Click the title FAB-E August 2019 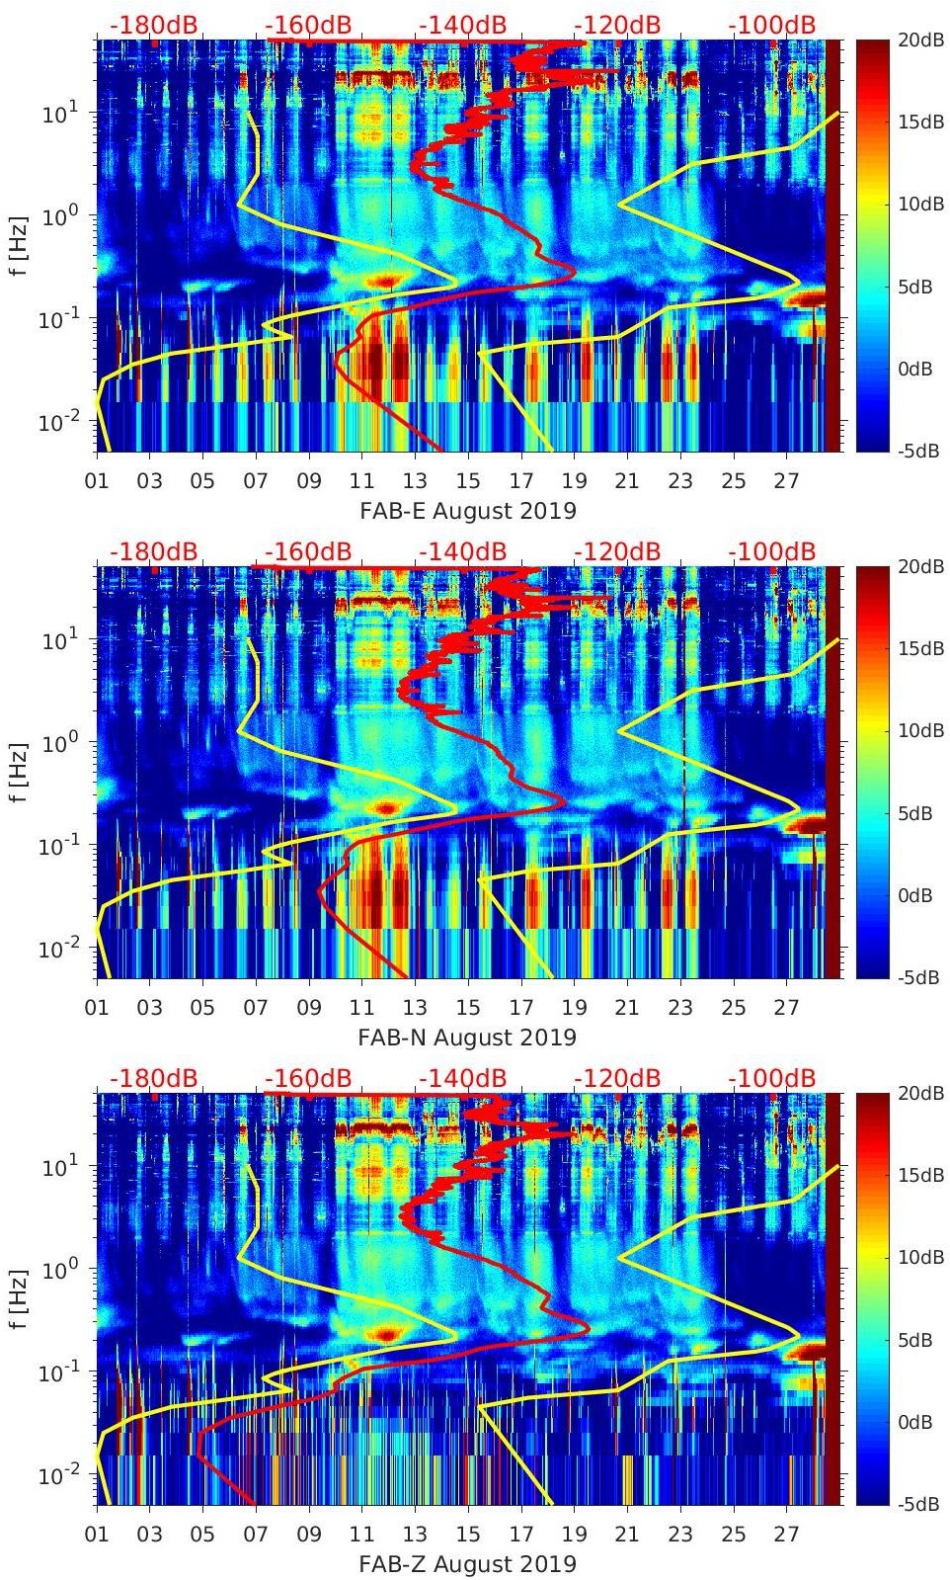467,511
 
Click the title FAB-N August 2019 467,1038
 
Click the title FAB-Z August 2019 467,1564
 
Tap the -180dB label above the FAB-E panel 153,25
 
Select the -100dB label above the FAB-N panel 773,551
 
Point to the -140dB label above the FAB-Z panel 463,1078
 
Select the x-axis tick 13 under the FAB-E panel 415,482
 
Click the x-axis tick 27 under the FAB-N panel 786,1009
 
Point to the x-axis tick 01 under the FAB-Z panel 97,1536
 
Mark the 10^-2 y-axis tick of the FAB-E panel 54,422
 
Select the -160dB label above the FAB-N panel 308,551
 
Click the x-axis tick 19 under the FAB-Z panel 574,1536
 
